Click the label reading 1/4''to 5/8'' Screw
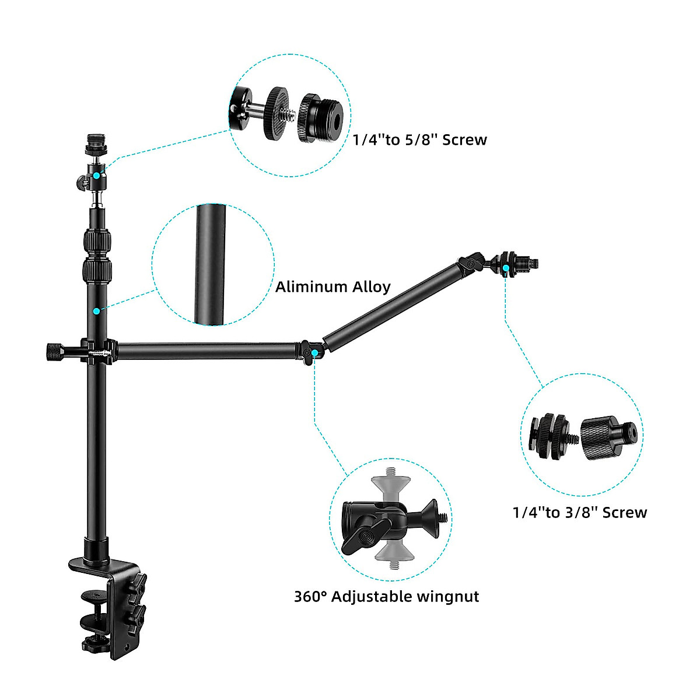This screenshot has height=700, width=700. coord(419,140)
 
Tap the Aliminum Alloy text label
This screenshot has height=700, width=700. coord(332,287)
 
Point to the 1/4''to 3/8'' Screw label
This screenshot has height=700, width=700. coord(580,513)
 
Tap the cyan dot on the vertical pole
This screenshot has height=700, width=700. coord(96,311)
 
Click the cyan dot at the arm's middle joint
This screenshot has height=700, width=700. coord(315,353)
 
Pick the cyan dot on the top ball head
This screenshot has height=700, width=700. coord(96,175)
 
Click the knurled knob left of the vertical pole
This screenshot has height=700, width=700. coord(54,352)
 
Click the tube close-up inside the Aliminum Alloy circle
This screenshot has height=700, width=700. coord(211,264)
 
